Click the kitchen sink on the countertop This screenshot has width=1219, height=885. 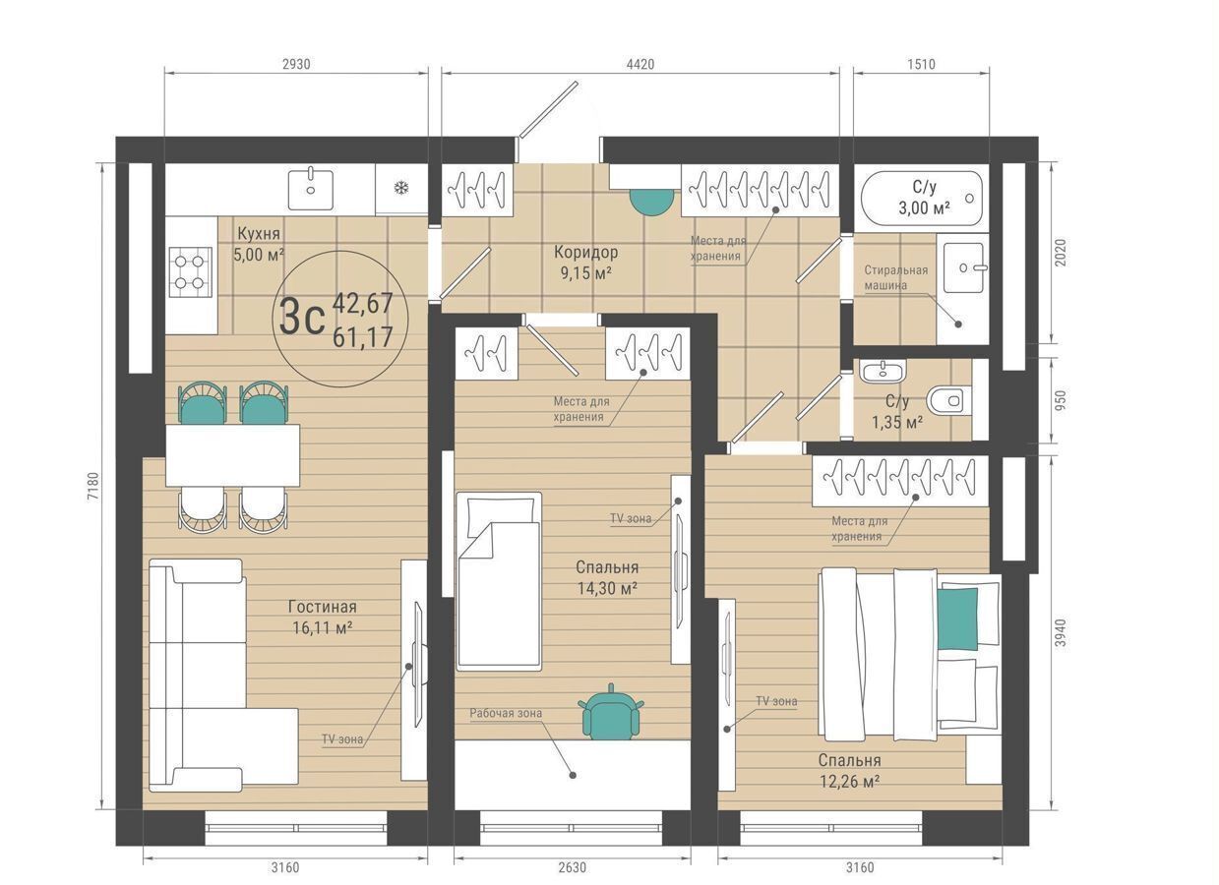tap(310, 190)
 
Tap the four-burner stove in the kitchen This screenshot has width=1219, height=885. tap(190, 272)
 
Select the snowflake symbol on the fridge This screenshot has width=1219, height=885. tap(401, 189)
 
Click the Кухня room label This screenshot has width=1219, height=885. tap(259, 233)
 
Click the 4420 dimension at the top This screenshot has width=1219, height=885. tap(640, 64)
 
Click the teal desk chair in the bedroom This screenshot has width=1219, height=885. tap(611, 712)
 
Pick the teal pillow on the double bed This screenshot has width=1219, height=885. tap(957, 619)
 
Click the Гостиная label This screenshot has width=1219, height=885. tap(323, 607)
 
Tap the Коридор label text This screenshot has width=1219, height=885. tap(586, 252)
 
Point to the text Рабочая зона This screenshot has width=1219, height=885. tap(506, 713)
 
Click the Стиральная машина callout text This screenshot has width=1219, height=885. tap(896, 277)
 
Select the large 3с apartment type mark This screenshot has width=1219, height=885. tap(302, 319)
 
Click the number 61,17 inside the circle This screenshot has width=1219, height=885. tap(362, 337)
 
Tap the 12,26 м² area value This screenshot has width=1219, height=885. tap(850, 782)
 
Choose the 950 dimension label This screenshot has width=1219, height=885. tap(1061, 400)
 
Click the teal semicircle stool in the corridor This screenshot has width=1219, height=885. tap(652, 202)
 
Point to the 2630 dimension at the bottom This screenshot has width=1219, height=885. tap(572, 867)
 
